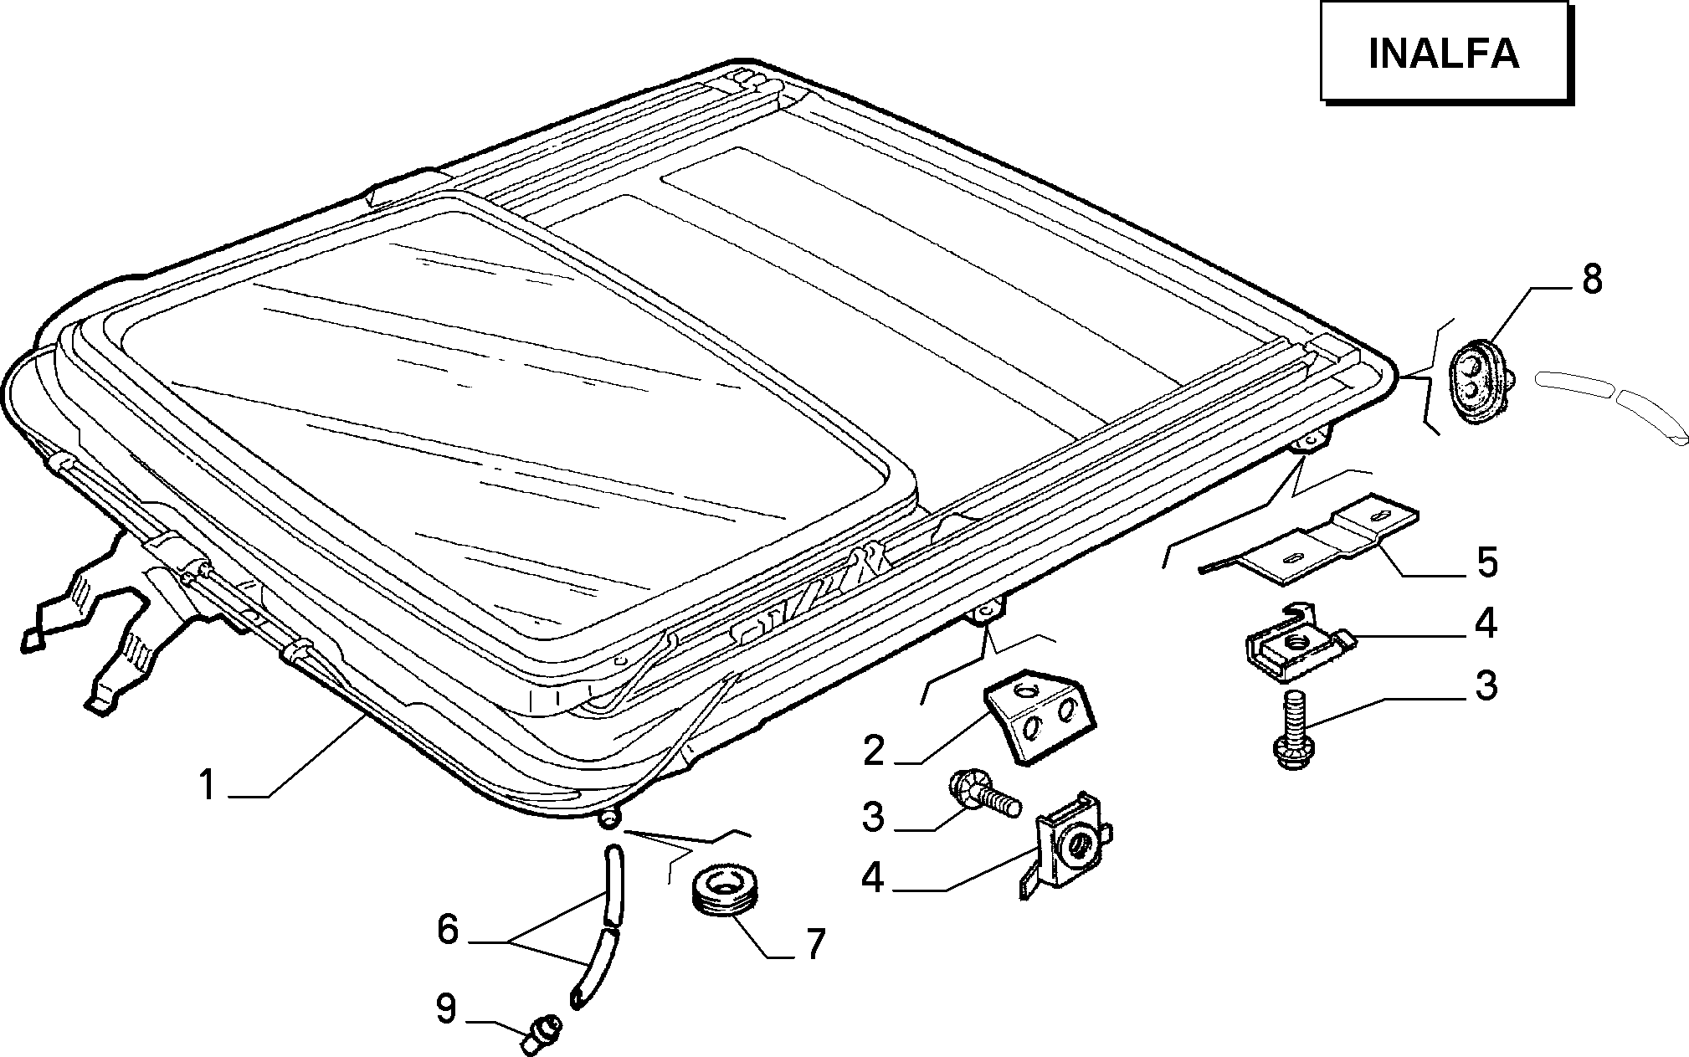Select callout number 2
(873, 751)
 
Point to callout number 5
(1486, 562)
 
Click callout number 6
(448, 929)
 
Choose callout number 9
(446, 1008)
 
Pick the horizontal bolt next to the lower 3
(986, 793)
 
